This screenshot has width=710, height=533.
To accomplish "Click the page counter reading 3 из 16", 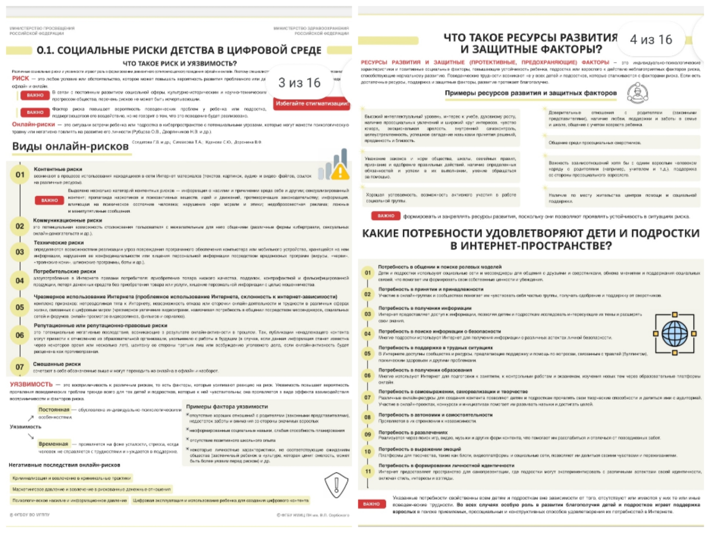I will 299,83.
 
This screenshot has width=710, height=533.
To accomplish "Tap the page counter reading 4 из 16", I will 651,39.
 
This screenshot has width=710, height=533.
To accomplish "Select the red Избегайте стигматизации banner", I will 312,104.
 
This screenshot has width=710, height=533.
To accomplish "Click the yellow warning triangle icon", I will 340,172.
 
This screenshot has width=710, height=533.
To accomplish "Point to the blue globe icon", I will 674,334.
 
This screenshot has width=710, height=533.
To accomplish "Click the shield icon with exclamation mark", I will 336,485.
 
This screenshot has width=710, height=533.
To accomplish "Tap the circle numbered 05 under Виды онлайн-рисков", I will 20,307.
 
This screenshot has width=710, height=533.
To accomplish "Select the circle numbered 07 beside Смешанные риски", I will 20,367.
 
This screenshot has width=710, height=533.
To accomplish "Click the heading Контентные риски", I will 58,169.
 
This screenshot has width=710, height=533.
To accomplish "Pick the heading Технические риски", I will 59,242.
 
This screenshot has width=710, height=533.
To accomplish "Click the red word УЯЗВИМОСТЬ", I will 31,384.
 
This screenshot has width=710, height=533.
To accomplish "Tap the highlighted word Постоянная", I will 54,410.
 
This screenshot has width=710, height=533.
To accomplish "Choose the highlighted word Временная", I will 53,444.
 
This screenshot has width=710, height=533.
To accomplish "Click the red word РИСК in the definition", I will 20,78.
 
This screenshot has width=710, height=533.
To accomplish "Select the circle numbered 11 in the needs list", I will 368,471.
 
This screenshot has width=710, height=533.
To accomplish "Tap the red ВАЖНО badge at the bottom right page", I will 371,504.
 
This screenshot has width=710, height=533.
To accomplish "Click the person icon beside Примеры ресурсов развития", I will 637,93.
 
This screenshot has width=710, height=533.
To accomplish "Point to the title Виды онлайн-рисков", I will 70,146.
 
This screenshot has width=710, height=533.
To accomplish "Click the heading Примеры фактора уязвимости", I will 227,407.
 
